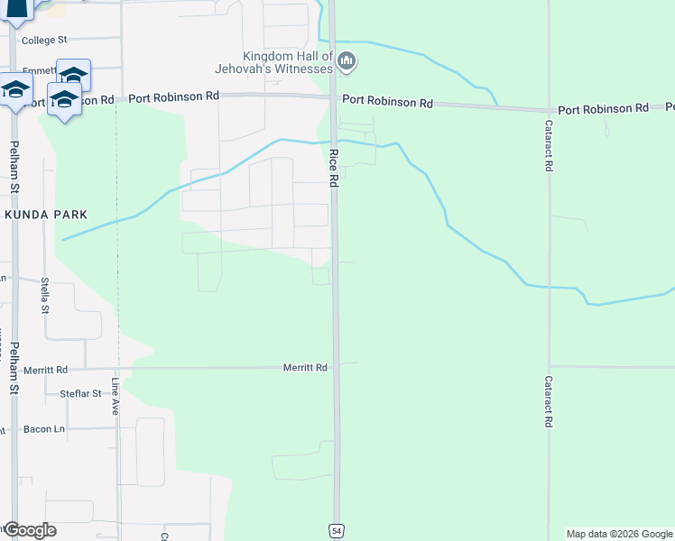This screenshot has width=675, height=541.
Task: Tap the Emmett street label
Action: (39, 69)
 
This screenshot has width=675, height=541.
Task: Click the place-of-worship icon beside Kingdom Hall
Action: (347, 61)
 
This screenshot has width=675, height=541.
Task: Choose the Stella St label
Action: (45, 295)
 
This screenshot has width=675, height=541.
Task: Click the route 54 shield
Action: (336, 531)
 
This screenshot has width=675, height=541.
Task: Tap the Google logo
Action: (29, 530)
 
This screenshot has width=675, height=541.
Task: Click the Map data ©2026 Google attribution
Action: (619, 534)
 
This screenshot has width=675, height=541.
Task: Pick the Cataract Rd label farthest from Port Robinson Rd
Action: (548, 402)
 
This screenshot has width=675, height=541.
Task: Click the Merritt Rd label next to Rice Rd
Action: (305, 368)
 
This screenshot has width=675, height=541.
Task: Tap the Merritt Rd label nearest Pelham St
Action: (46, 370)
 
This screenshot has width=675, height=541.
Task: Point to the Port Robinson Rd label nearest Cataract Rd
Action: (603, 109)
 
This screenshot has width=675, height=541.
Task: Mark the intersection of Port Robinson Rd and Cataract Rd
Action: (548, 108)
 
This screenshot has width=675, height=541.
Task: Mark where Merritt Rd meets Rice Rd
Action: (336, 367)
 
